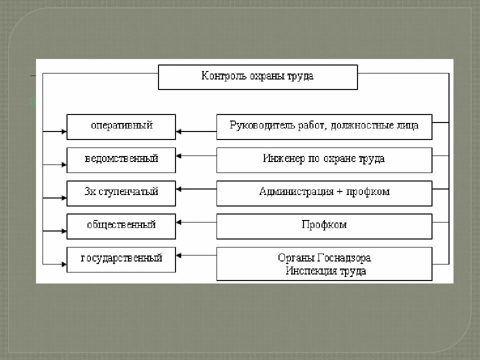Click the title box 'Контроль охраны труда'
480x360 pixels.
(257, 77)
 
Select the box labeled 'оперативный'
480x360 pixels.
(121, 126)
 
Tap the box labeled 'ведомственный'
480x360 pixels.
(121, 160)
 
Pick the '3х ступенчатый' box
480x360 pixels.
(121, 193)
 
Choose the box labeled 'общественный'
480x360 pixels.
(121, 226)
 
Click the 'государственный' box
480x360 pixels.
(121, 259)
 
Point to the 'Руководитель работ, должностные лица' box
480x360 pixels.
(324, 126)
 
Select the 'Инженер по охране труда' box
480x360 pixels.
(324, 160)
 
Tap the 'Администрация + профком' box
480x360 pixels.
(324, 193)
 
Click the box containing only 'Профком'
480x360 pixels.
(324, 226)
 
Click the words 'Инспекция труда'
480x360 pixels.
(325, 271)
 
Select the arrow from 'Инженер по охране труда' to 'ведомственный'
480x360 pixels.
(196, 156)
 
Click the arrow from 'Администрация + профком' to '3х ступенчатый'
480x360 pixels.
(196, 189)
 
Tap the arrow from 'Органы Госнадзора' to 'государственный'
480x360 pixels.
(196, 255)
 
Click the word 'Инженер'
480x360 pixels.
(280, 159)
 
